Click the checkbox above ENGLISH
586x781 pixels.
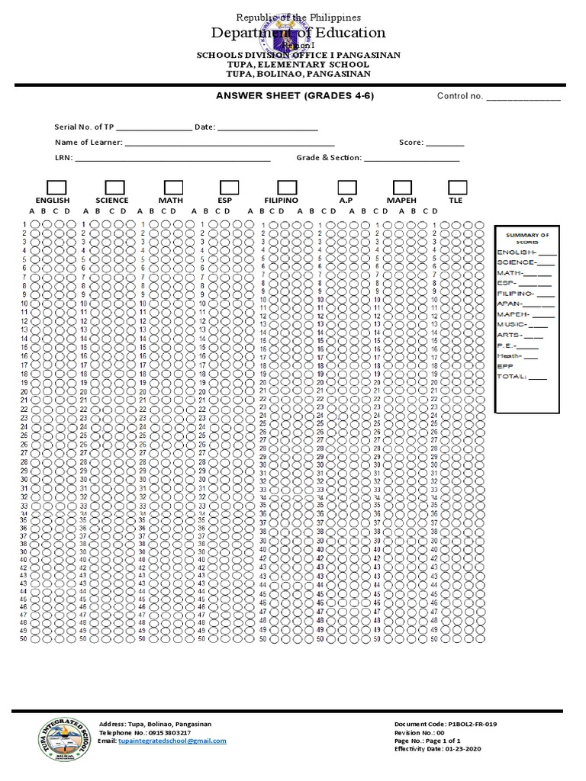click(57, 188)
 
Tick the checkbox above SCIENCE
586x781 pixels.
click(115, 188)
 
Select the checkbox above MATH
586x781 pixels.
click(173, 188)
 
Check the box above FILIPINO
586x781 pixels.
click(287, 188)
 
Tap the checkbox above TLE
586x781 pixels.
click(457, 188)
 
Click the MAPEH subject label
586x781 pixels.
click(401, 201)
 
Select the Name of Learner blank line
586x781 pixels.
click(229, 143)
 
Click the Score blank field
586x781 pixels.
click(444, 143)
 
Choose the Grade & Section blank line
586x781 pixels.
click(411, 159)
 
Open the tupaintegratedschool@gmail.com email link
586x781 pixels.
click(172, 741)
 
